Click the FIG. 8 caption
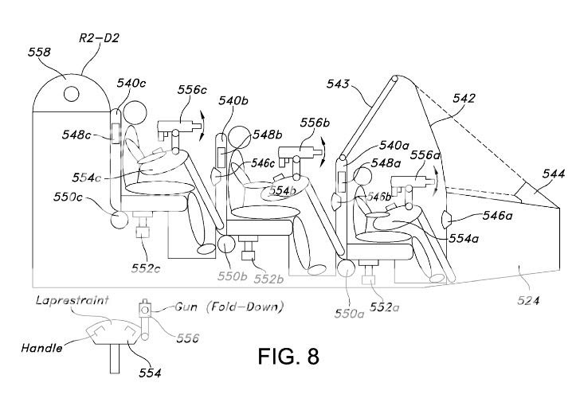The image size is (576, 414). click(x=288, y=356)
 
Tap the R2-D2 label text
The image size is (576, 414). click(x=99, y=38)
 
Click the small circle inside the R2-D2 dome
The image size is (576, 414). click(x=71, y=94)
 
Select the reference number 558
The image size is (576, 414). click(x=39, y=52)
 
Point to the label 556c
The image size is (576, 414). click(x=192, y=89)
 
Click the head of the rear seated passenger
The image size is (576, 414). click(x=135, y=113)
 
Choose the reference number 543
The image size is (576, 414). click(x=338, y=84)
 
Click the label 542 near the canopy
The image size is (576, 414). click(x=464, y=99)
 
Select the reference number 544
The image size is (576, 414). click(x=554, y=174)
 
